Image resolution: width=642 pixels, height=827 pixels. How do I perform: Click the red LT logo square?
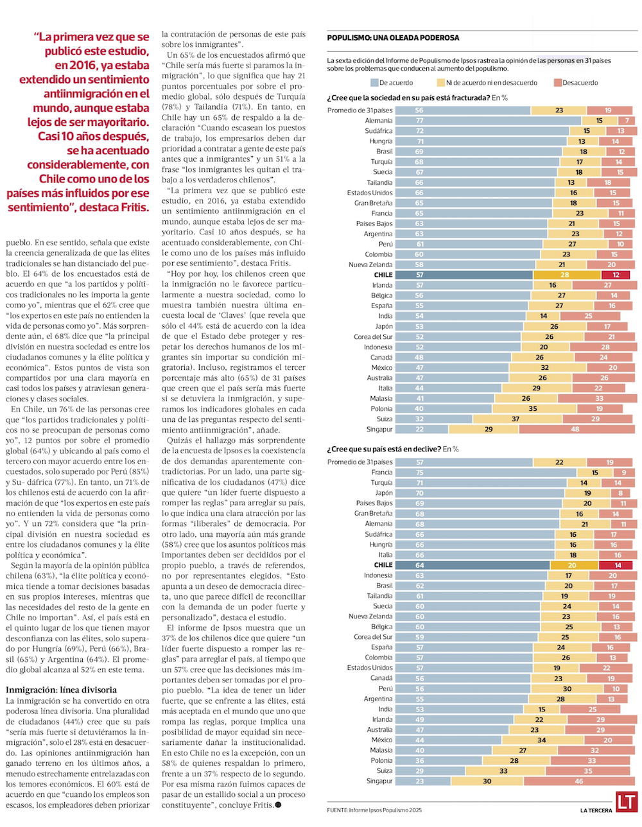click(626, 802)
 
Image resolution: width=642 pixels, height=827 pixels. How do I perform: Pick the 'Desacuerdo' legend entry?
click(576, 83)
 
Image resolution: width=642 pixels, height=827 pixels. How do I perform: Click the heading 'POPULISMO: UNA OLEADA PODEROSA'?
click(393, 38)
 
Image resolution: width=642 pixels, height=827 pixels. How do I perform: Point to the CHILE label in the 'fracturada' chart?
click(383, 275)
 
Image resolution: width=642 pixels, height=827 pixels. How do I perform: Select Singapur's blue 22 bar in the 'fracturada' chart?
click(422, 429)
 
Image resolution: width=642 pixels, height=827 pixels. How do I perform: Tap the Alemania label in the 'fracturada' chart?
click(379, 121)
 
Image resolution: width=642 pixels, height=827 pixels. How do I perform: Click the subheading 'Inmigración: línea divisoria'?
click(61, 690)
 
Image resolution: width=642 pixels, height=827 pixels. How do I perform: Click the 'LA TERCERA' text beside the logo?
click(596, 810)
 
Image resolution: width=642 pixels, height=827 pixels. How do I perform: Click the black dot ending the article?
click(277, 805)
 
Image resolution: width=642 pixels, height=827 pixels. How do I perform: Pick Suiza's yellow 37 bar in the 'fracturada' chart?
click(515, 419)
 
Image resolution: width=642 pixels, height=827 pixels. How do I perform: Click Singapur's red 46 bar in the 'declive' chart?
click(579, 781)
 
